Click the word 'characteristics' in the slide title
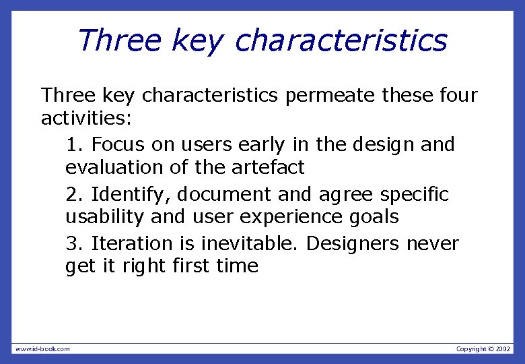(341, 40)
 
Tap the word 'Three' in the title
(119, 40)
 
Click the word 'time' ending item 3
(237, 266)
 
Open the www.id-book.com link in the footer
(42, 348)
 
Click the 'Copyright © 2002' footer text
(483, 348)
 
